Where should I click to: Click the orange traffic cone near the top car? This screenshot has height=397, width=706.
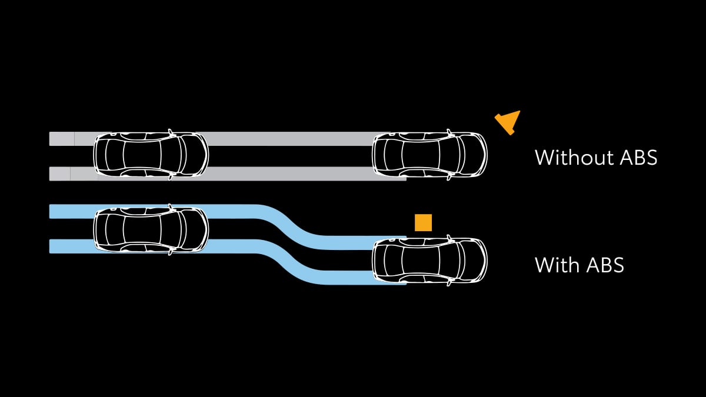click(508, 122)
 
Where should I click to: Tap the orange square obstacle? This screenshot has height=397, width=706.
click(423, 223)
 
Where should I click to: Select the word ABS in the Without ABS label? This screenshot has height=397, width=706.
click(638, 157)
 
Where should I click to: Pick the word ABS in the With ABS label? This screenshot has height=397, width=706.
click(605, 265)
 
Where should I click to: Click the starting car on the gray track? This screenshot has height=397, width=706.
click(151, 155)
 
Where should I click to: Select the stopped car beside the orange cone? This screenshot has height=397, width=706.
click(429, 155)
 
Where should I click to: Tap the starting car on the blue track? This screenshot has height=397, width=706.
click(151, 229)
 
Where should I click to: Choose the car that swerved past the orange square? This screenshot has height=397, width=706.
click(429, 261)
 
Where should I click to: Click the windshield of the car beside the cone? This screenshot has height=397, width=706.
click(461, 155)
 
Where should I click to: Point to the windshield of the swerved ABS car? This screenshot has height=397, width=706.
click(461, 261)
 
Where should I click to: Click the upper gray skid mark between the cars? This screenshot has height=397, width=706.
click(290, 139)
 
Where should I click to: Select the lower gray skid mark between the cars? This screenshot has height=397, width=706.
click(290, 174)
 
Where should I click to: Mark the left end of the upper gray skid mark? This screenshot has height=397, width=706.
click(50, 139)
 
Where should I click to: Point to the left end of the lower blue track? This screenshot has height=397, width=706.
click(50, 246)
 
